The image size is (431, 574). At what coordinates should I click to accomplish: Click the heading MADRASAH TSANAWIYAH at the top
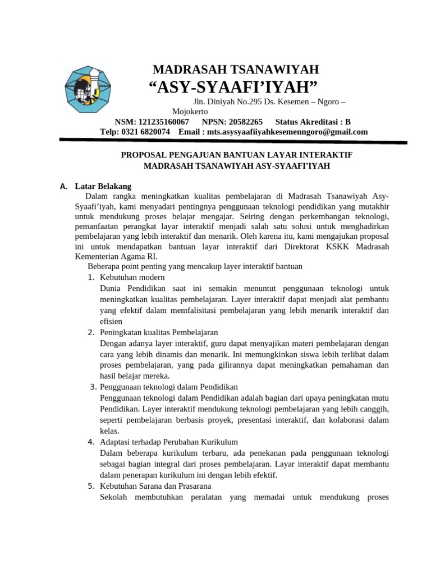click(x=236, y=70)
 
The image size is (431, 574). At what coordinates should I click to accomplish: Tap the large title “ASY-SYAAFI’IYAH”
click(x=232, y=87)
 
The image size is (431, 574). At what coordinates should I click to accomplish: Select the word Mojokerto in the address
click(x=190, y=112)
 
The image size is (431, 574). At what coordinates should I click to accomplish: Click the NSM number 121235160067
click(x=163, y=122)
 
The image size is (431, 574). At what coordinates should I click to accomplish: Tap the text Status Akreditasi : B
click(x=313, y=122)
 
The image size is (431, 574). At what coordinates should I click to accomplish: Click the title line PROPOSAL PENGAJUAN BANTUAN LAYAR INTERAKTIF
click(x=237, y=154)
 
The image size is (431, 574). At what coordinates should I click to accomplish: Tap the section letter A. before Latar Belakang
click(x=63, y=187)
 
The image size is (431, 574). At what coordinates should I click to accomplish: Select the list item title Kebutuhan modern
click(x=132, y=277)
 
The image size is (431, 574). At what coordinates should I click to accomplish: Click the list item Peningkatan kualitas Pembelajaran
click(x=158, y=332)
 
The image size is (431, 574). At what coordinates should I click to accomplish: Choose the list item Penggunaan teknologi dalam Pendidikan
click(x=169, y=387)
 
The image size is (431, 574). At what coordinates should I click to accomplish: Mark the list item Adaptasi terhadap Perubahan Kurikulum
click(x=169, y=442)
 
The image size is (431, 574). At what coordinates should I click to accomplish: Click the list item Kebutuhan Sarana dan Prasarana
click(x=155, y=485)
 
